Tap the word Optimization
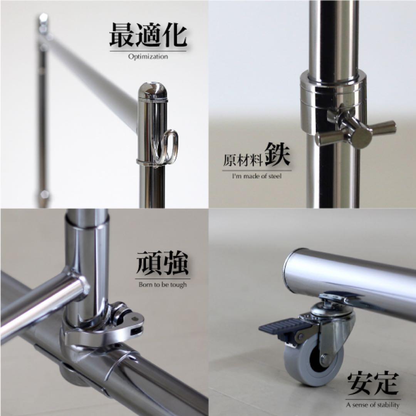[148, 57]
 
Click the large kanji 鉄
[277, 154]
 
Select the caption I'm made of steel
[257, 176]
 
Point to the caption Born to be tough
[162, 285]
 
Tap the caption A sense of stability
[372, 404]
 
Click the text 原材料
[243, 159]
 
